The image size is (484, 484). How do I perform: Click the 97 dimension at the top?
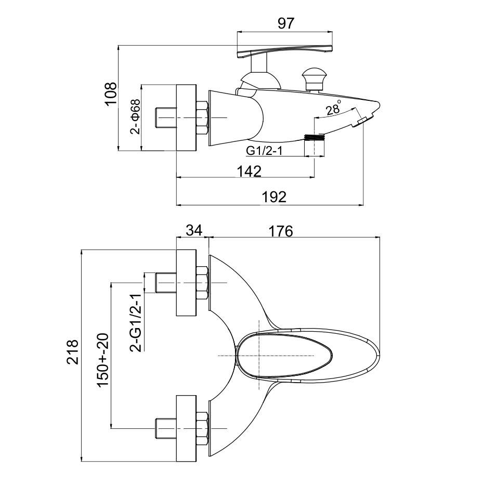[x=286, y=23]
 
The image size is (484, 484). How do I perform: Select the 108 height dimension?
[x=111, y=94]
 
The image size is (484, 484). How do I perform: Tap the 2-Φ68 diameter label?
[x=135, y=116]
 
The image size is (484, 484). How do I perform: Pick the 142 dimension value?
[x=249, y=172]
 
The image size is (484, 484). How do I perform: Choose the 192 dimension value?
[x=274, y=197]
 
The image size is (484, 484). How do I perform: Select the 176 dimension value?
[x=281, y=231]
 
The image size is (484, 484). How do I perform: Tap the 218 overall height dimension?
[x=73, y=352]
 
